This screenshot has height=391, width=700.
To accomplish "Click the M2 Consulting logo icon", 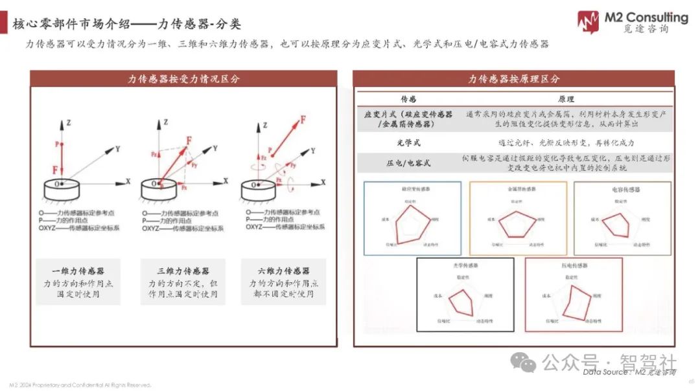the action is point(588,21).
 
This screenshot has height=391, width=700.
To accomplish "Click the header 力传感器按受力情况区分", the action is point(183,79).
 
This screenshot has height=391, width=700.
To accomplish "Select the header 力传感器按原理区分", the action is point(514,79).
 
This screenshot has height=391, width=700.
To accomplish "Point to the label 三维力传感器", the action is point(183,271).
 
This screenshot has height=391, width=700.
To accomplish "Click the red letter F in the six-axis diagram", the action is point(303,119).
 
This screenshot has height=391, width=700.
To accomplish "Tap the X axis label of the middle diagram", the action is point(226,181).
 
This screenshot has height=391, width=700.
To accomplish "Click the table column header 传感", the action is point(408,100).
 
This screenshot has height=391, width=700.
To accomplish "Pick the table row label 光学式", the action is point(408,142).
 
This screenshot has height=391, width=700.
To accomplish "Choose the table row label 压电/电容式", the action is point(408,162).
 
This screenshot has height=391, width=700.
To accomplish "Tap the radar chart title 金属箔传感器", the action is point(519,189).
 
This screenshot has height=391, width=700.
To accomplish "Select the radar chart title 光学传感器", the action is point(465,265).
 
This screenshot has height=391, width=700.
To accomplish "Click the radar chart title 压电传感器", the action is point(574,265).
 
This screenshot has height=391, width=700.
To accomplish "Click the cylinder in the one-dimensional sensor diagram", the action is point(62,189).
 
